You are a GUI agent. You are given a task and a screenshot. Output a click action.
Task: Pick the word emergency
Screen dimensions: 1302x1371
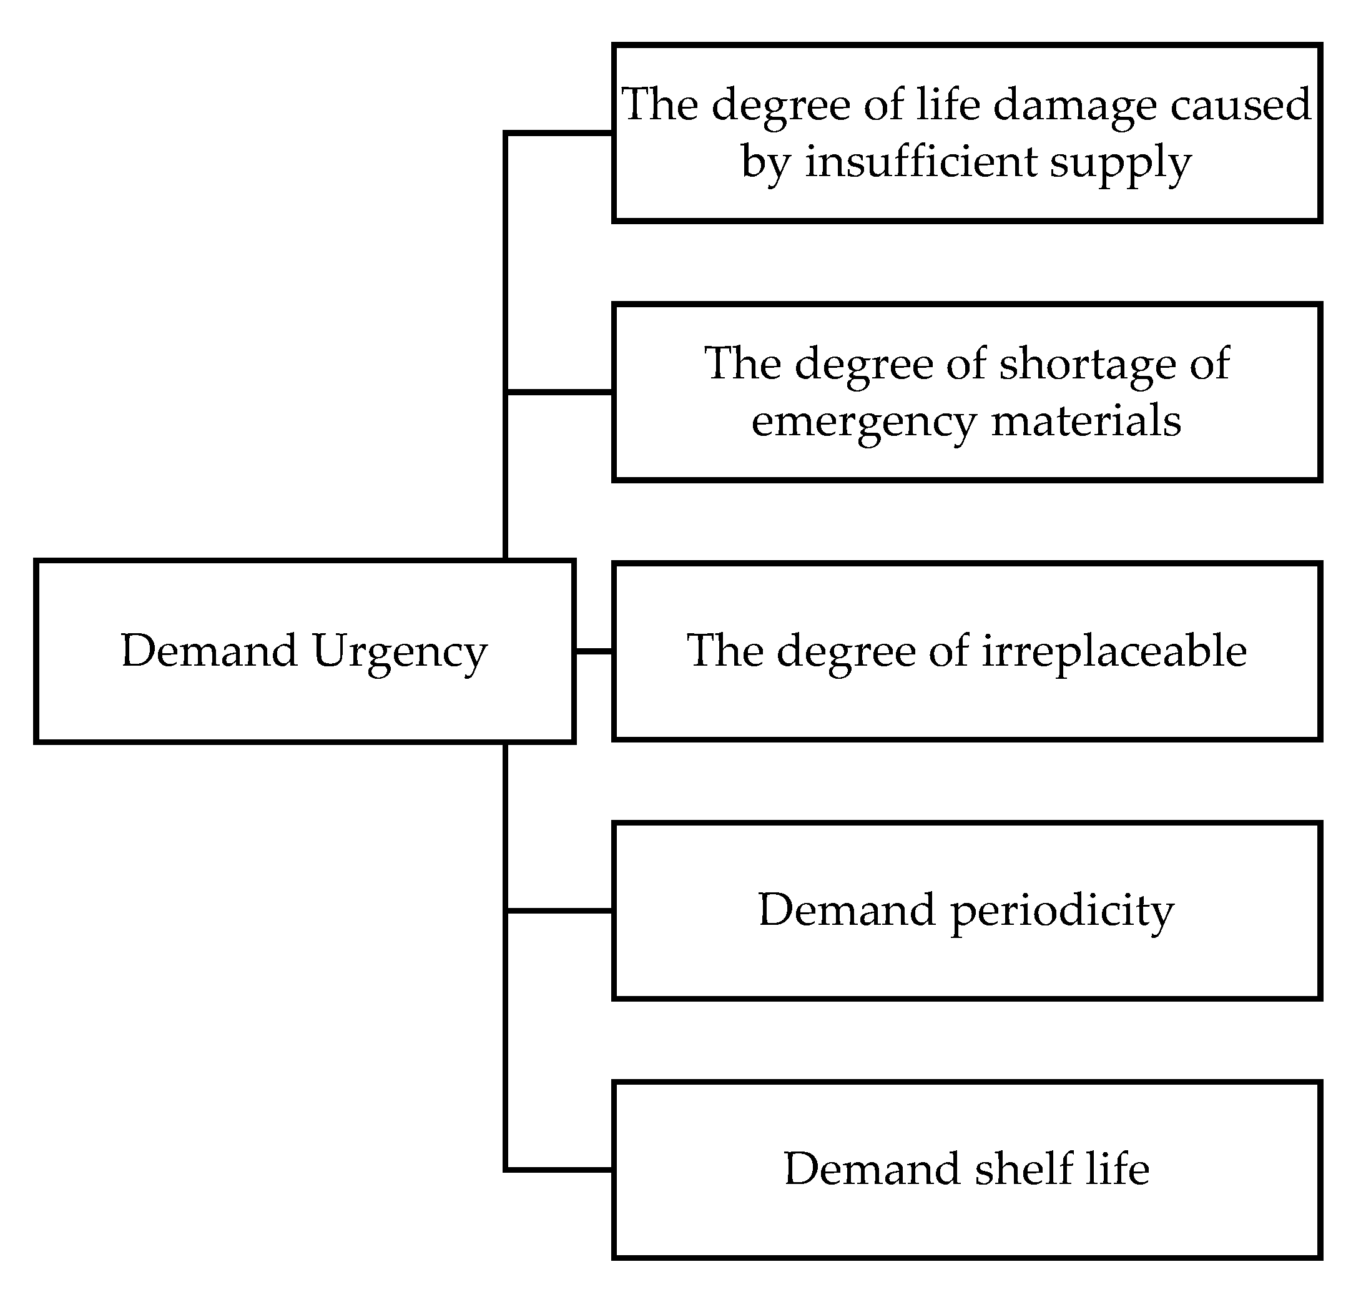pyautogui.click(x=863, y=422)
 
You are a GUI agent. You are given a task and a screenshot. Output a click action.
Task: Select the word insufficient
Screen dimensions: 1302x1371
pyautogui.click(x=921, y=162)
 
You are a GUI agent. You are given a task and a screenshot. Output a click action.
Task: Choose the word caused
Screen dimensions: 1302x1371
pyautogui.click(x=1241, y=105)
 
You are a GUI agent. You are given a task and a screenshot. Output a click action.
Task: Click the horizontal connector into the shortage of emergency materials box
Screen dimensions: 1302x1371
pyautogui.click(x=559, y=392)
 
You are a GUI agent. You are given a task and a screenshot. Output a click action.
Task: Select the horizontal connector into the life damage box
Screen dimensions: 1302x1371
pyautogui.click(x=559, y=132)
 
